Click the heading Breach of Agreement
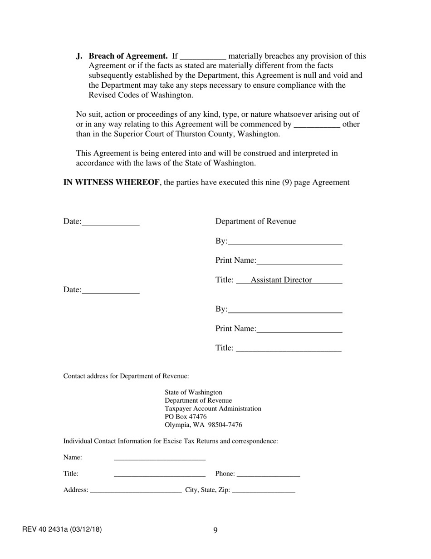[128, 56]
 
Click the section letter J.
[79, 56]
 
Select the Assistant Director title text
[281, 280]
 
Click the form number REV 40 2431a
[62, 529]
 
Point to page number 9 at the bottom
[215, 530]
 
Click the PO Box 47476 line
[186, 417]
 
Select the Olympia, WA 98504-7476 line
[203, 425]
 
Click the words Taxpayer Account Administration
[213, 409]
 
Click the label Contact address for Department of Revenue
[126, 376]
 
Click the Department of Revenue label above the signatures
[255, 221]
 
